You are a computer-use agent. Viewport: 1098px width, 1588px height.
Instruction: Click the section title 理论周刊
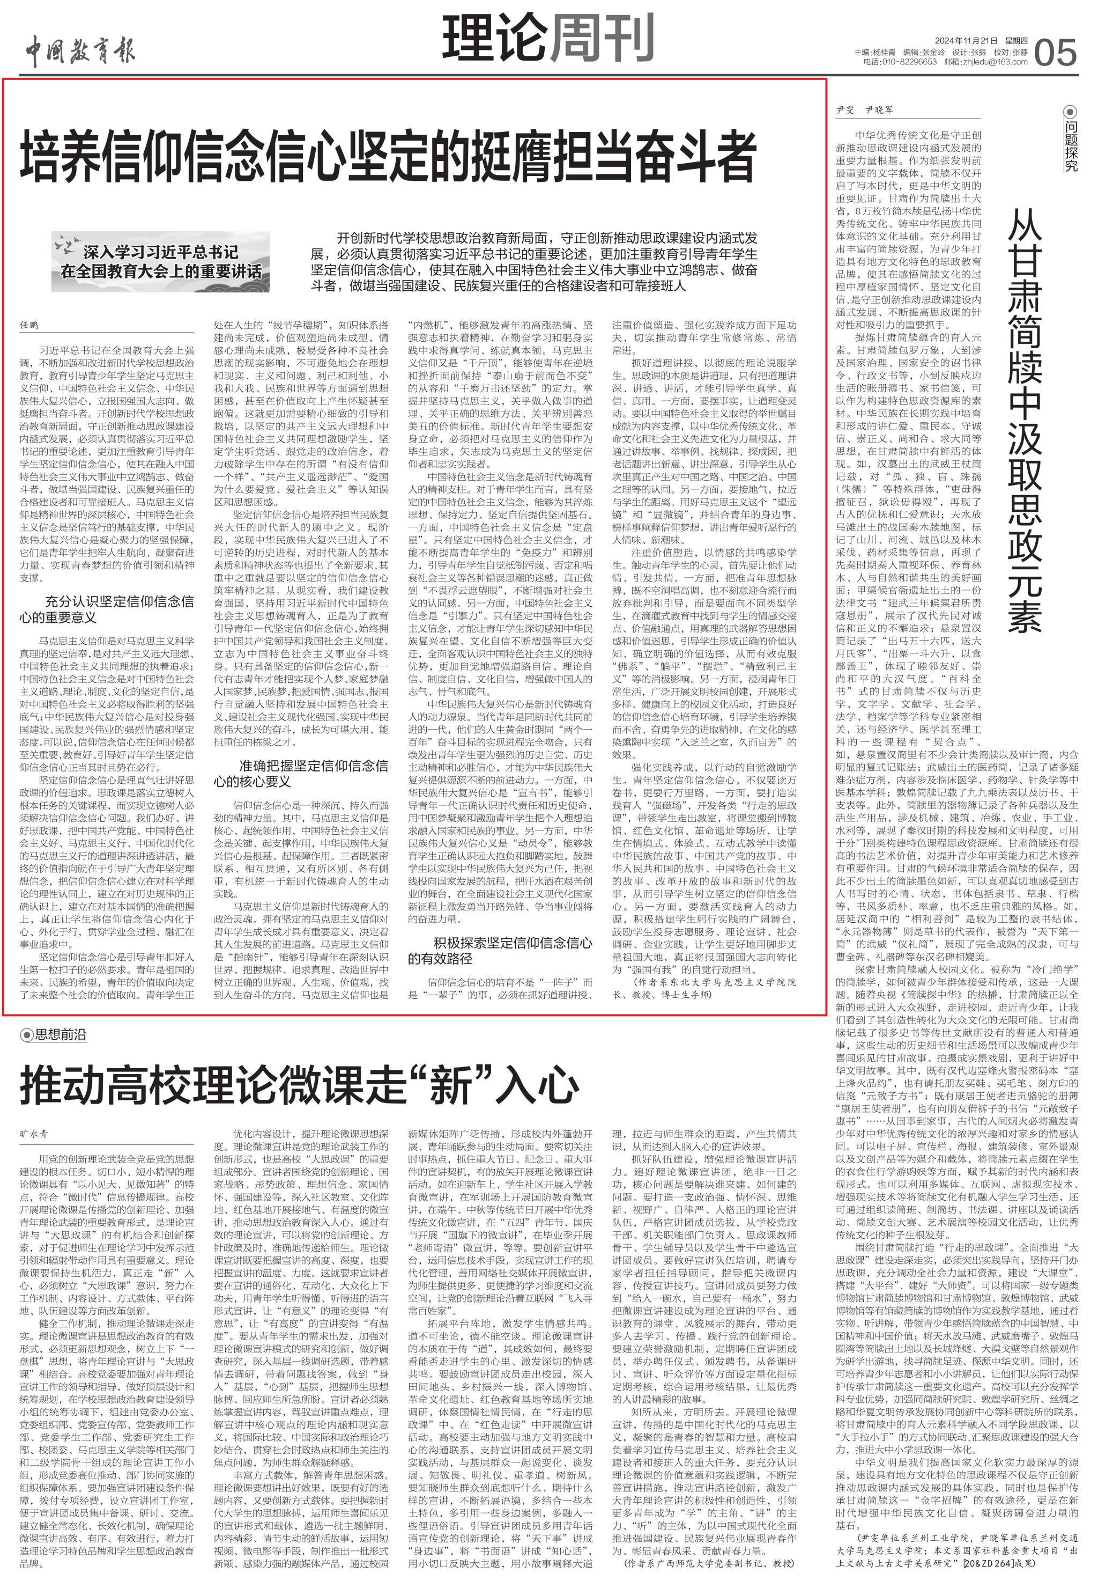coord(547,39)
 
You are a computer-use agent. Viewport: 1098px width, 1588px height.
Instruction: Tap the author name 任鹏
coord(29,324)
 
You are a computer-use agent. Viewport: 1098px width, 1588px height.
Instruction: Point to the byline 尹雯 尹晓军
coord(864,110)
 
